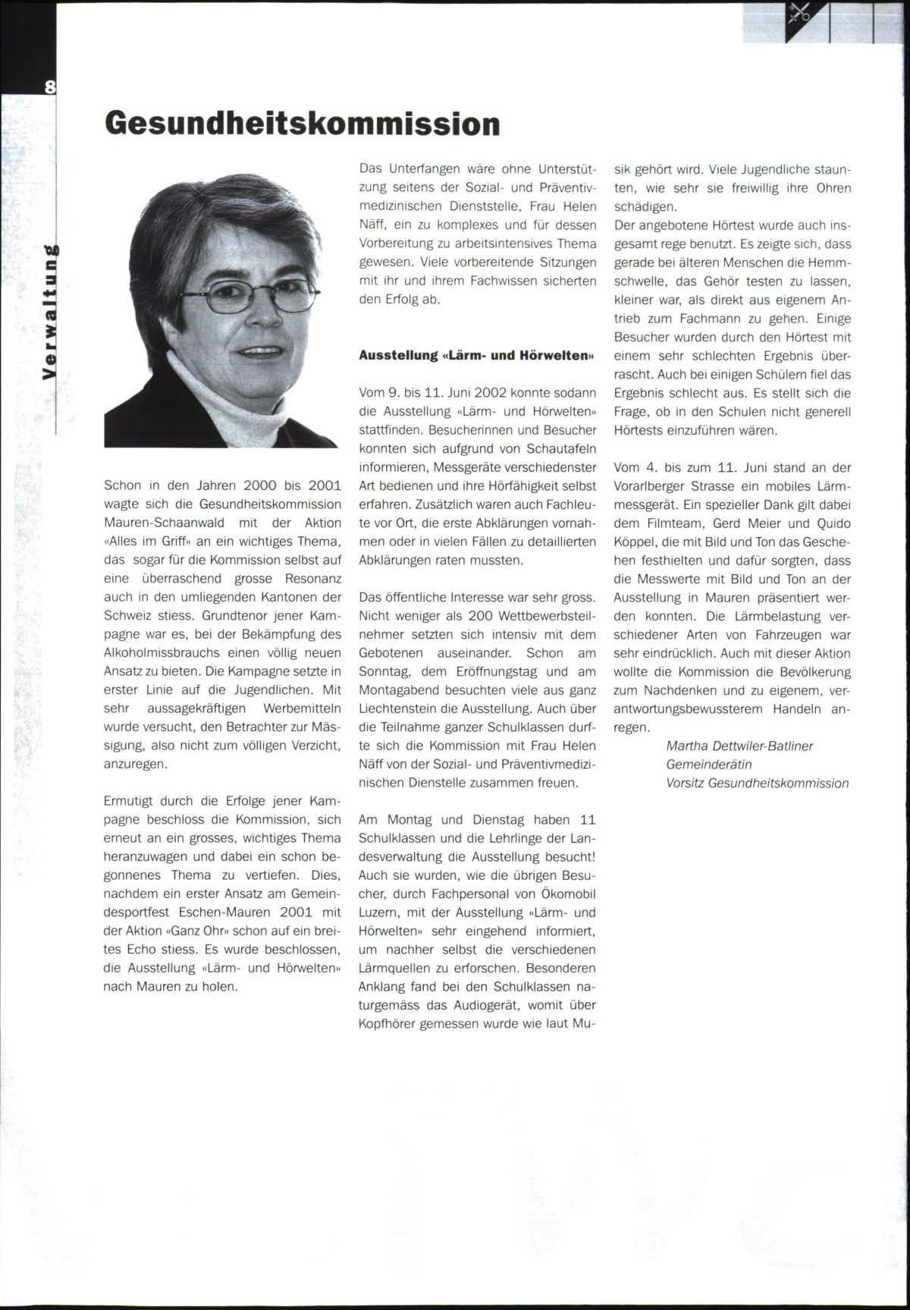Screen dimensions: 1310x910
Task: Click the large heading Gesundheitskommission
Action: click(x=302, y=124)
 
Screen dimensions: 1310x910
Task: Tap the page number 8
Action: click(x=50, y=86)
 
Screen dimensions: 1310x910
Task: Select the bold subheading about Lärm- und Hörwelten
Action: click(x=476, y=355)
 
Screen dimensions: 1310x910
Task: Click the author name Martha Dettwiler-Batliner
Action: click(x=739, y=746)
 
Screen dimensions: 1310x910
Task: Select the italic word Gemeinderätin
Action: click(x=709, y=765)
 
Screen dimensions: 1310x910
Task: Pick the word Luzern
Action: click(x=380, y=913)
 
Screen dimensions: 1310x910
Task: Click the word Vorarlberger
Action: click(x=651, y=486)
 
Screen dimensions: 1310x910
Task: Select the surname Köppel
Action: click(x=636, y=542)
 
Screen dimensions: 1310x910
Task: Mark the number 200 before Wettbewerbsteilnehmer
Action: click(x=481, y=616)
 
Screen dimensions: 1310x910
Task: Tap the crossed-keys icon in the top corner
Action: click(x=799, y=13)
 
